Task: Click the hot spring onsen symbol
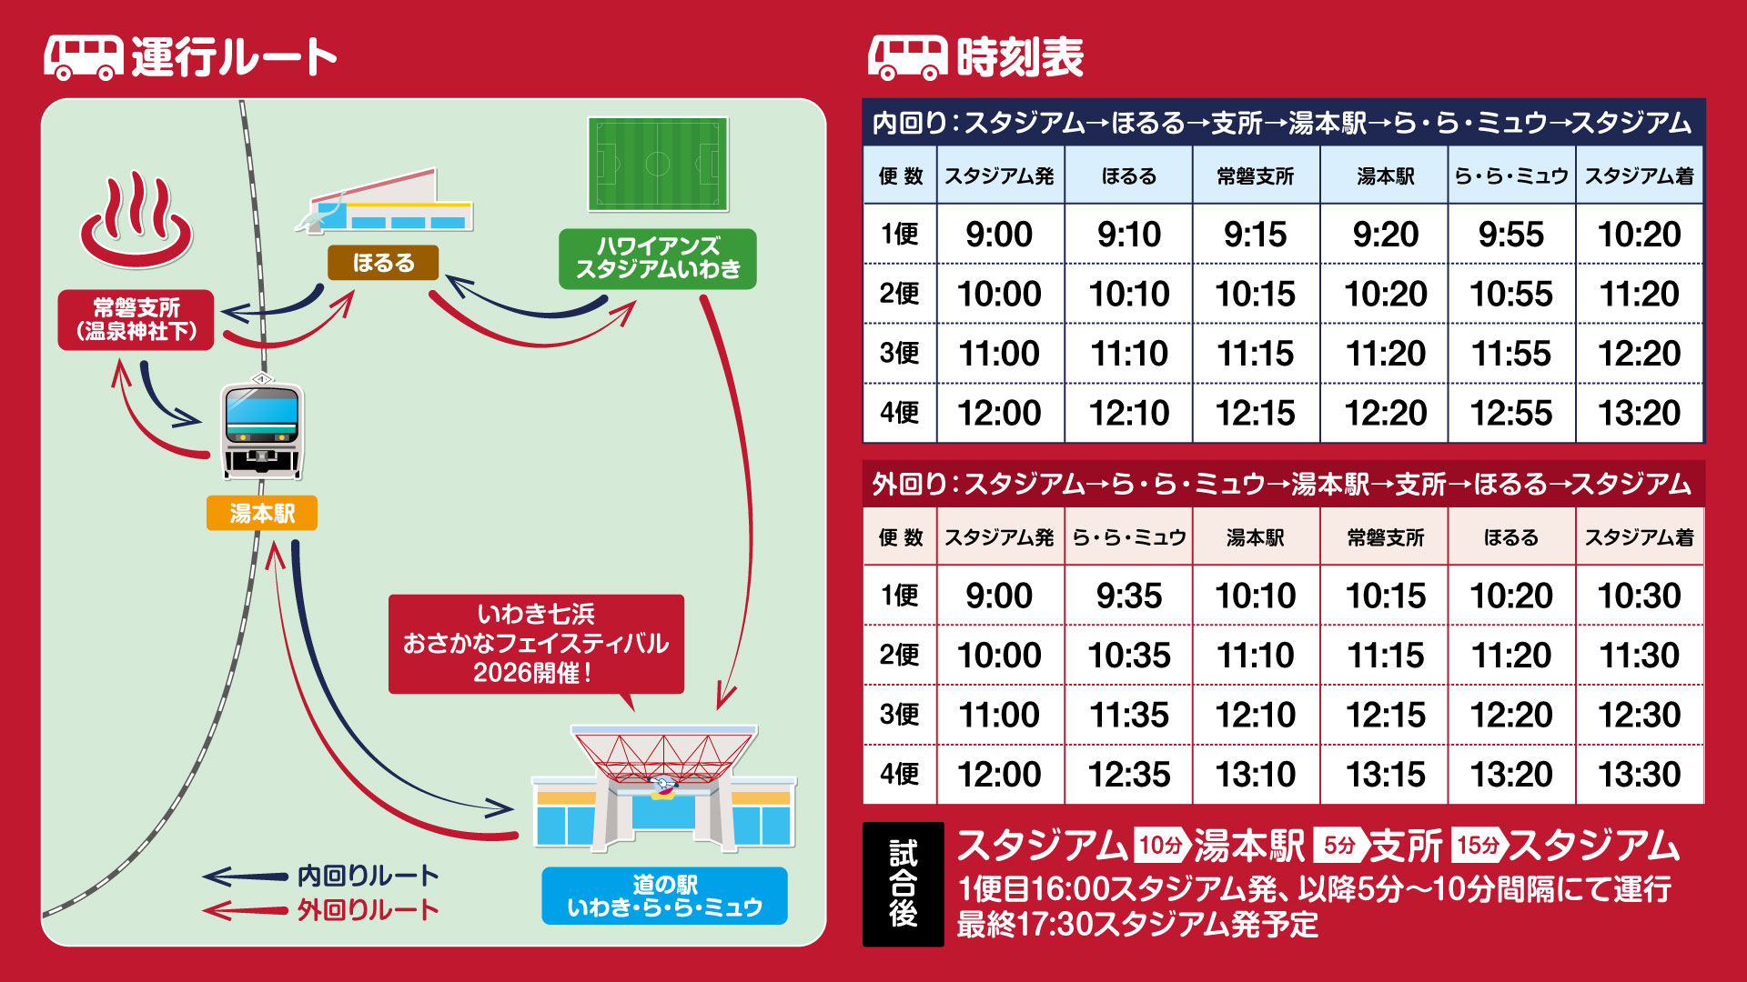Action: pos(136,221)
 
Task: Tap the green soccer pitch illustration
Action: pos(657,164)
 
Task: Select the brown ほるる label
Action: pos(383,263)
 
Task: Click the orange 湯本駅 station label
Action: pos(262,514)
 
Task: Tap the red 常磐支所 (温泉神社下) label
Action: pos(136,319)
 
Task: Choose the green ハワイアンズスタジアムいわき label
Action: pos(657,258)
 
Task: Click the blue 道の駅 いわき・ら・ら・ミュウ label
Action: pos(664,896)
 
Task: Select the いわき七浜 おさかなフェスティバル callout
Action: pos(536,644)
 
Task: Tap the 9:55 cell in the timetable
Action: pos(1511,235)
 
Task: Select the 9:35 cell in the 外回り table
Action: pos(1129,596)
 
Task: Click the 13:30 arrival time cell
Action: pos(1640,775)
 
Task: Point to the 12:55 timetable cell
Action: pos(1511,413)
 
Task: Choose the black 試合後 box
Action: pos(903,884)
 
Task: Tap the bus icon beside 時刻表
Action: pos(907,58)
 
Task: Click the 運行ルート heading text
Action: pos(234,57)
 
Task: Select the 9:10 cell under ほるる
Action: pos(1129,235)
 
